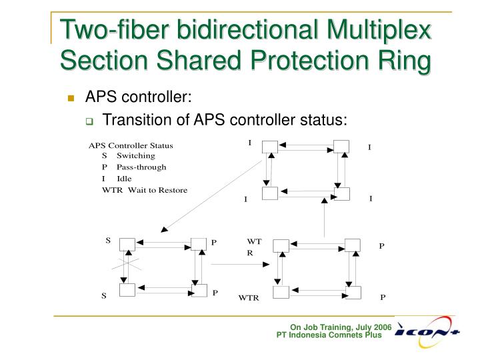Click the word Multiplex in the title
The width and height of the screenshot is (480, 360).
379,30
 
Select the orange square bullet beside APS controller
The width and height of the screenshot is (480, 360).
71,98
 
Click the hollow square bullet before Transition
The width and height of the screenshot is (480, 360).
89,121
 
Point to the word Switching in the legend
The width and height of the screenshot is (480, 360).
136,155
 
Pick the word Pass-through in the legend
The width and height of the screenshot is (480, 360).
141,167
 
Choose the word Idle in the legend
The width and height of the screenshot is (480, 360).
124,179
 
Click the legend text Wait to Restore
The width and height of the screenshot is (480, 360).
157,190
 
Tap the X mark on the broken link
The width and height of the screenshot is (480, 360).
126,264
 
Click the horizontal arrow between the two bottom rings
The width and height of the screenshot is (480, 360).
240,264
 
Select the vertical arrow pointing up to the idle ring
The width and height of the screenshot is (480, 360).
325,217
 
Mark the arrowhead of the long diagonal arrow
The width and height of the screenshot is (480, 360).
165,229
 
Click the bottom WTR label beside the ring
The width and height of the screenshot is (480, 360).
249,297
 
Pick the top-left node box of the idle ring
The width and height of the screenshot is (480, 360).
270,147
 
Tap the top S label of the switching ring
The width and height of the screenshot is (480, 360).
108,241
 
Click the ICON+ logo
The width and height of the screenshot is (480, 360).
427,332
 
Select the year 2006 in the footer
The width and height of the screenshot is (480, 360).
383,327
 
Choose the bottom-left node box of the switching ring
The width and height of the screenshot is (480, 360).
127,290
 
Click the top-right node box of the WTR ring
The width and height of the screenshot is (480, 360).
353,245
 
